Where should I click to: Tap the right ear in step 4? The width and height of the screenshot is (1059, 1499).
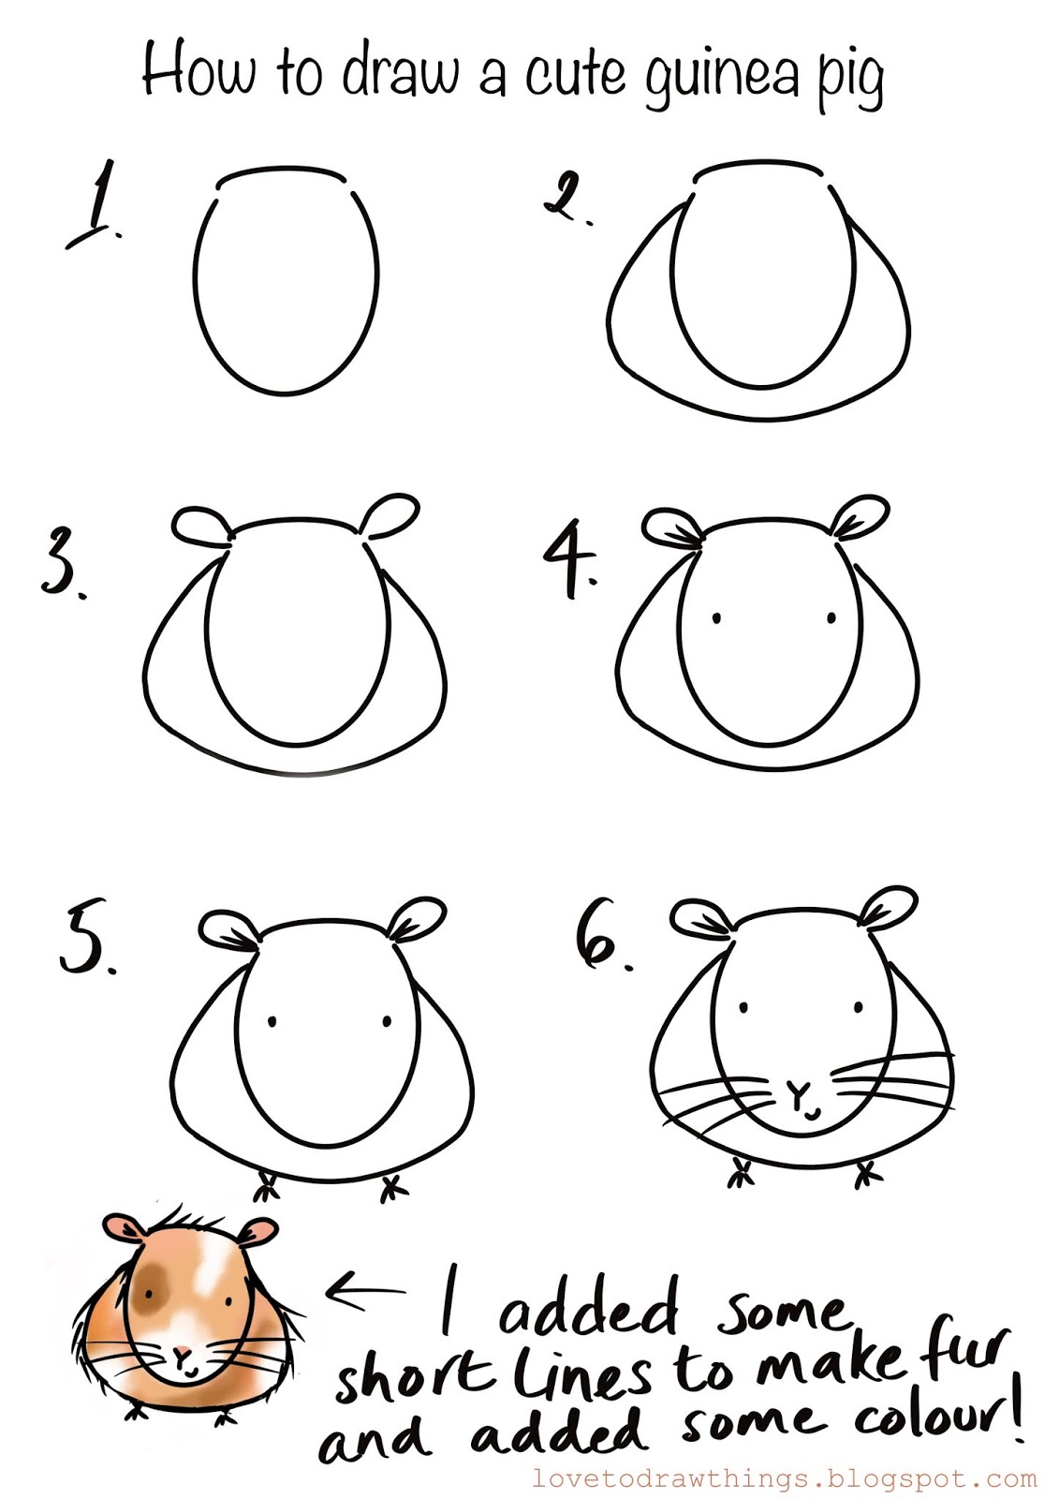pyautogui.click(x=859, y=516)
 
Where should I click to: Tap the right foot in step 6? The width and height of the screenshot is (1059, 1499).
pyautogui.click(x=867, y=1174)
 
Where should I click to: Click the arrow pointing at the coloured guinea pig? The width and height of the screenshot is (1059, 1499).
pyautogui.click(x=364, y=1290)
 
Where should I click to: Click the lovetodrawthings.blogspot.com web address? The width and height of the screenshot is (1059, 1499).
pyautogui.click(x=784, y=1477)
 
